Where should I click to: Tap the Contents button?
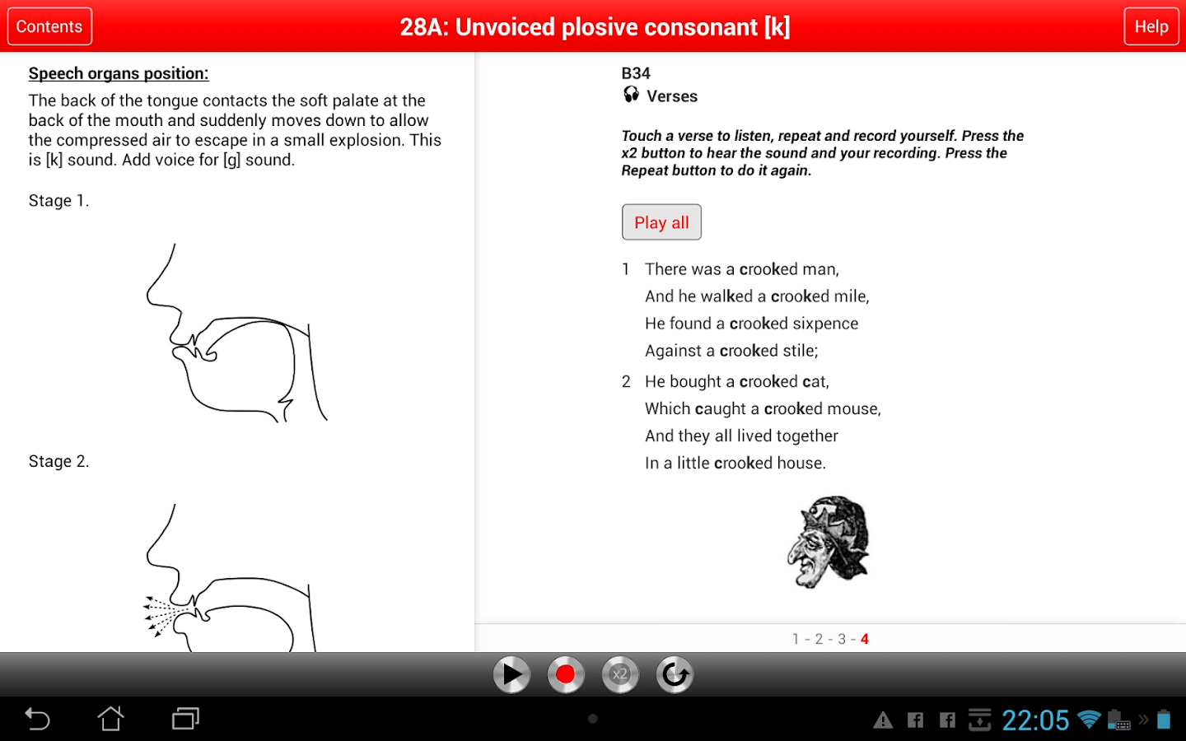coord(49,26)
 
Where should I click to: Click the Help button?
coord(1151,26)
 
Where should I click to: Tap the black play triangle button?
coord(511,674)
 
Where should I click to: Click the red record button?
coord(566,674)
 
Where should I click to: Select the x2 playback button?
coord(620,674)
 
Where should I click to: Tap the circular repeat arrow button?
coord(675,674)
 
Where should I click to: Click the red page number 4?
coord(865,639)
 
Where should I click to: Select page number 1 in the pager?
coord(796,639)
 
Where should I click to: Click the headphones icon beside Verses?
coord(631,95)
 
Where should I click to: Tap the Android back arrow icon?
coord(37,719)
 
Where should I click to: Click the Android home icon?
coord(110,718)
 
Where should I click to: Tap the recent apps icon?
coord(185,719)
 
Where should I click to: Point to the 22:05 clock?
coord(1035,720)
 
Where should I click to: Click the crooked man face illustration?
coord(829,542)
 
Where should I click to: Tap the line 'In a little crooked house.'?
coord(735,463)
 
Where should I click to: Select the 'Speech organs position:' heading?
coord(119,73)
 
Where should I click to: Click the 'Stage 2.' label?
coord(58,461)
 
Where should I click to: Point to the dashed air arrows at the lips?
coord(164,615)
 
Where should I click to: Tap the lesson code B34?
coord(635,73)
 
